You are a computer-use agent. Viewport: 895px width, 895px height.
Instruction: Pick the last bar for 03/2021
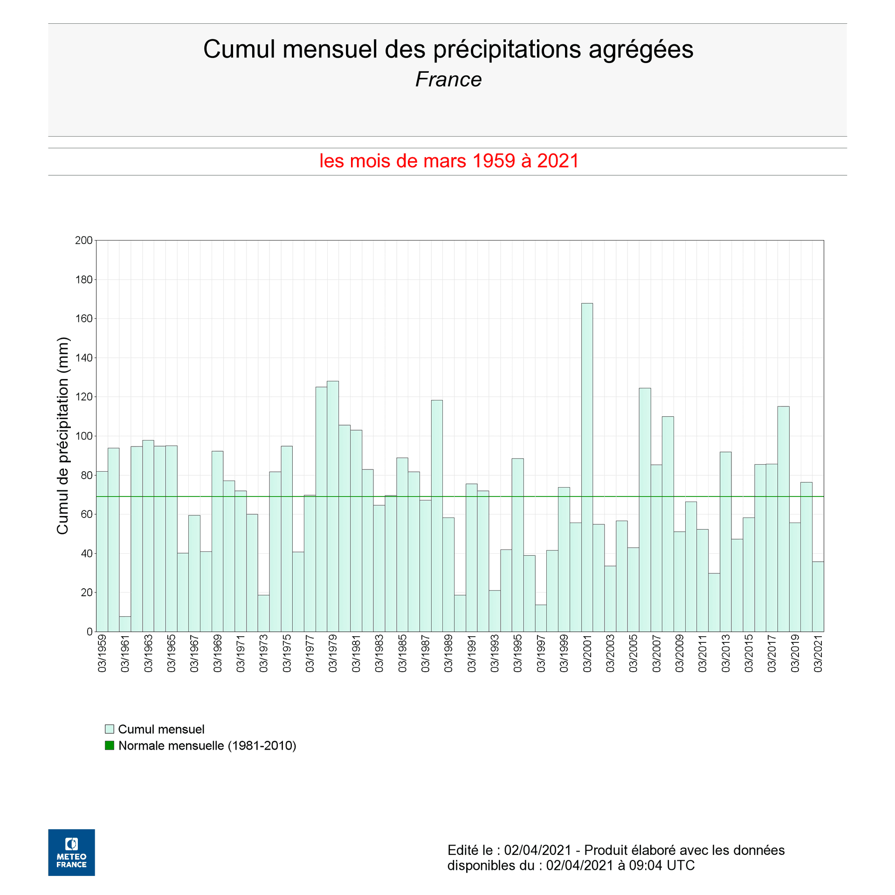tap(818, 596)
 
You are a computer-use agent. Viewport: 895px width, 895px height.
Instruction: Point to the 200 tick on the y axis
tap(84, 241)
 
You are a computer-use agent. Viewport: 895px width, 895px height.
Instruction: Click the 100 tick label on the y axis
tap(84, 436)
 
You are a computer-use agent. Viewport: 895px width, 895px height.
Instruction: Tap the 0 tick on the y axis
tap(89, 632)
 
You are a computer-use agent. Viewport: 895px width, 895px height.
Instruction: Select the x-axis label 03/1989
tap(448, 653)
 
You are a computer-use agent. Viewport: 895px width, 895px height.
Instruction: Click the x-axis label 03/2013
tap(726, 653)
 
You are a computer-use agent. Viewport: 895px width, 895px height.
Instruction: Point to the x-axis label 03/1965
tap(172, 653)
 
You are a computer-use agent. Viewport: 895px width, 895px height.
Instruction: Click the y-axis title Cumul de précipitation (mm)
tap(62, 436)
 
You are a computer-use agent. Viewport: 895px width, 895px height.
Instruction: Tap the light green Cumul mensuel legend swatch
tap(110, 729)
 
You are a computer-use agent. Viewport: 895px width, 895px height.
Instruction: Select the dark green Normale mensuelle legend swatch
tap(110, 745)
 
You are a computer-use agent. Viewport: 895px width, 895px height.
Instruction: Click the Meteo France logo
tap(71, 852)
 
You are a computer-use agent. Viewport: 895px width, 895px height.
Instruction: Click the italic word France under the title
tap(448, 79)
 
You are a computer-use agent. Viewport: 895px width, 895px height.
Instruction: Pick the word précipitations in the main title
tap(507, 49)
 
